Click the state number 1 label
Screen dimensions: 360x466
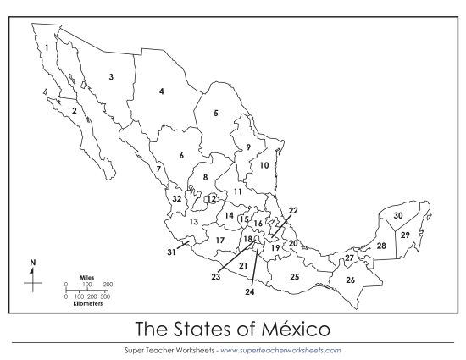click(x=47, y=47)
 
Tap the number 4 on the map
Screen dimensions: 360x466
click(x=161, y=91)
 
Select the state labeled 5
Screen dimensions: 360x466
click(x=216, y=113)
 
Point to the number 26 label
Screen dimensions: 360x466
click(x=350, y=280)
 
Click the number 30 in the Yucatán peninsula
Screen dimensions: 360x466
click(x=398, y=216)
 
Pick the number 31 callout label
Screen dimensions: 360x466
click(x=171, y=252)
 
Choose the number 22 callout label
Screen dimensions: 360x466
click(x=293, y=210)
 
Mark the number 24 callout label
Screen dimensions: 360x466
click(x=250, y=291)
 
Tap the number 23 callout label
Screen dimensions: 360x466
click(x=216, y=277)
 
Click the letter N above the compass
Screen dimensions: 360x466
click(x=33, y=263)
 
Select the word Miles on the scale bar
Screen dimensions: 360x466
click(x=86, y=277)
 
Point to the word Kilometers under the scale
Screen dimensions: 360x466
click(x=86, y=303)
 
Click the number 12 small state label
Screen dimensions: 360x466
click(x=212, y=198)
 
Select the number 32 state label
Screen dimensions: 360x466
click(x=177, y=198)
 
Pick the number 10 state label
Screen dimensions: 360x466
click(x=264, y=165)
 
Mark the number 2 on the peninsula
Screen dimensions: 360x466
click(x=75, y=110)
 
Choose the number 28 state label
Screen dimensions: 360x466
click(x=381, y=246)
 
